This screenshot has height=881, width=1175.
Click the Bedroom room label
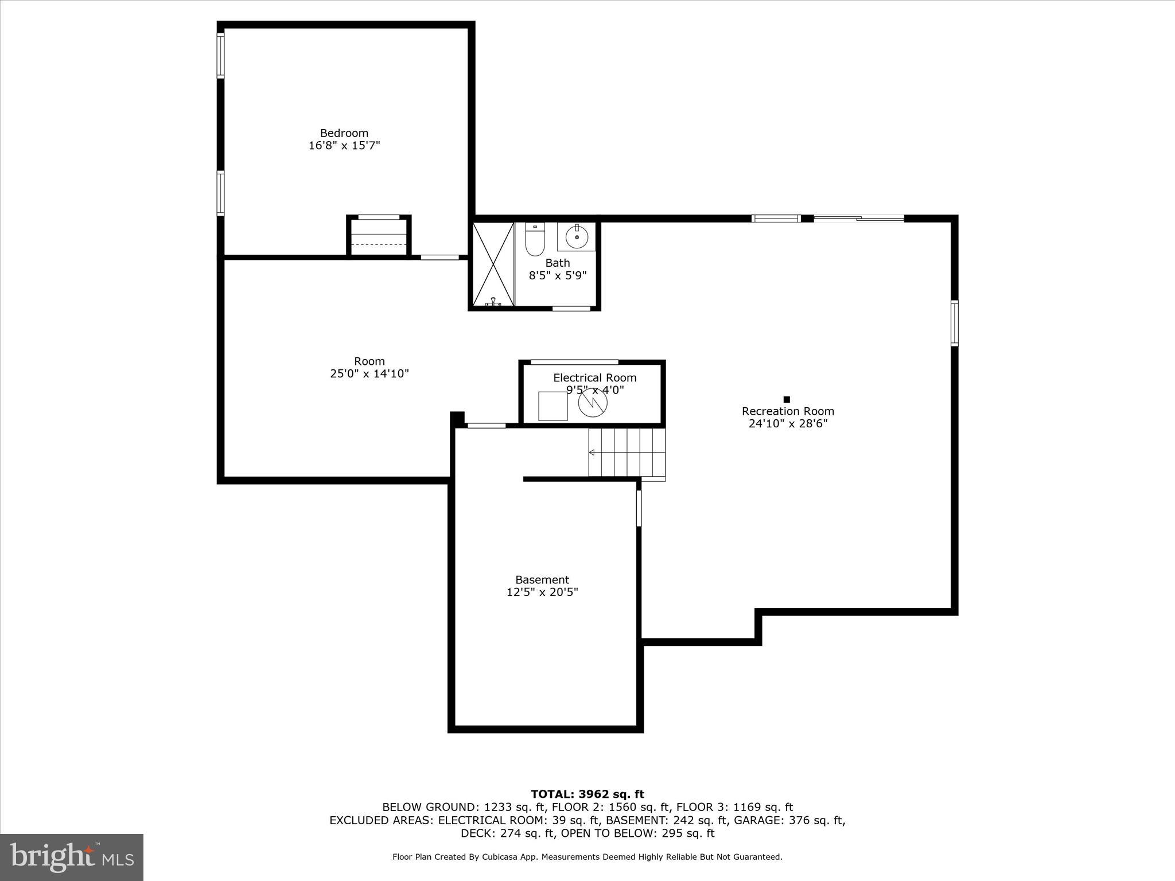[x=344, y=133]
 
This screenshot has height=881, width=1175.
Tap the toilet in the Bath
[x=535, y=240]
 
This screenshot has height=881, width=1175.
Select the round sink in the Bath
[x=577, y=236]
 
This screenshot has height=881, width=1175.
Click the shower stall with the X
[x=493, y=264]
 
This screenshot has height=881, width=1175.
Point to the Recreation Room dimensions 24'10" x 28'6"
[x=787, y=424]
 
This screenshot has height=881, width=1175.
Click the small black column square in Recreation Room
[x=787, y=399]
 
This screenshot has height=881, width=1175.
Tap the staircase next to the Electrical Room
[x=627, y=453]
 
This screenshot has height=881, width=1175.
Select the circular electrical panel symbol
[x=592, y=404]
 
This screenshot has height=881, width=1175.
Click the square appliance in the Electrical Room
[x=553, y=406]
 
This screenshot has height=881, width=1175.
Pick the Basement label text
[x=542, y=580]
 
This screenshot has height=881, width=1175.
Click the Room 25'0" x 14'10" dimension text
[x=369, y=374]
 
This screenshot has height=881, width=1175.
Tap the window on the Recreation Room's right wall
[x=954, y=323]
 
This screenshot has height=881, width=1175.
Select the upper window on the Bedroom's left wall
[x=220, y=56]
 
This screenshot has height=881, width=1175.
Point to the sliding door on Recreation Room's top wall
[x=858, y=218]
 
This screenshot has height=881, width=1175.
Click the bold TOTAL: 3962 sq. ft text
[x=587, y=794]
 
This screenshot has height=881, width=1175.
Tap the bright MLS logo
[x=72, y=857]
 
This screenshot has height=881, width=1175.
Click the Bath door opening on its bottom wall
[x=571, y=309]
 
